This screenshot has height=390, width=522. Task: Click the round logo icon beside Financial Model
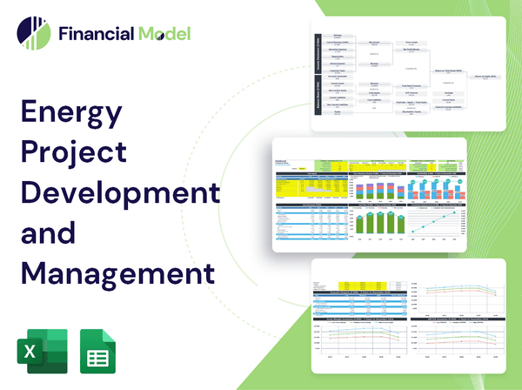34,34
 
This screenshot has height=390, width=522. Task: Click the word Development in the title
119,190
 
